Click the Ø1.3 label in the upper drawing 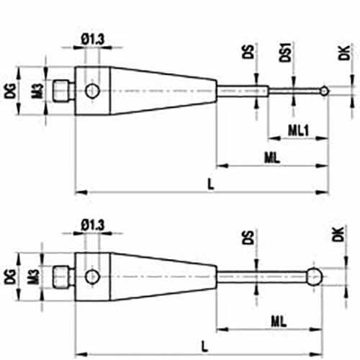(x=93, y=40)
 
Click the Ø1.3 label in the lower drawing (x=93, y=225)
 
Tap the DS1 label (x=285, y=53)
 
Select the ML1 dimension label (x=298, y=130)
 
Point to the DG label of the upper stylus (x=11, y=91)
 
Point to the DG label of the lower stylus (x=11, y=276)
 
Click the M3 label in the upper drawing (x=38, y=91)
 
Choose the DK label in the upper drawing (x=343, y=53)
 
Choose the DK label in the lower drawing (x=338, y=234)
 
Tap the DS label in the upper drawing (x=248, y=52)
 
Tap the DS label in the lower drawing (x=248, y=238)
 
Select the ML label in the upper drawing (x=272, y=158)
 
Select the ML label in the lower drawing (x=279, y=321)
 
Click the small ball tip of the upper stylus (x=324, y=91)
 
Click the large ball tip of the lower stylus (x=315, y=276)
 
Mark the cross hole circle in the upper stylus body (x=92, y=91)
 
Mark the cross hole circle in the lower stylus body (x=92, y=276)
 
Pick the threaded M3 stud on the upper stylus (x=63, y=91)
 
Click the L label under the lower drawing (x=204, y=347)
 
